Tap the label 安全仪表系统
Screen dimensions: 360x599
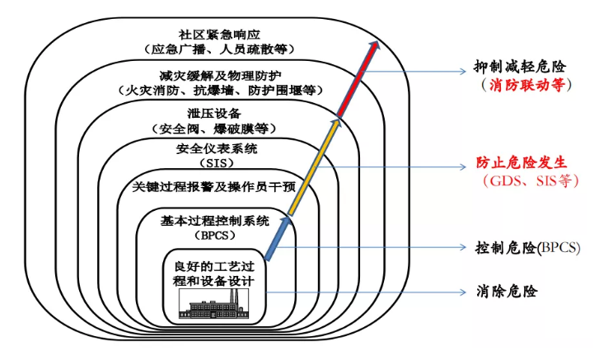coord(217,149)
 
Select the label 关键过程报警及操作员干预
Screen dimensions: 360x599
coord(217,187)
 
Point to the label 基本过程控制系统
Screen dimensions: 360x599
coord(217,220)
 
